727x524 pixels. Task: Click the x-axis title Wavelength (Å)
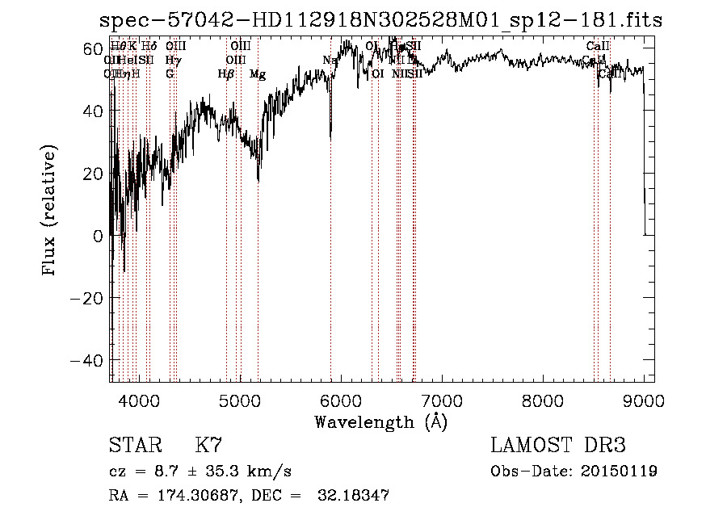[x=380, y=421]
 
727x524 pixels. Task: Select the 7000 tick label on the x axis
[x=442, y=400]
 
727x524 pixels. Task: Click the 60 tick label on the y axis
[x=93, y=48]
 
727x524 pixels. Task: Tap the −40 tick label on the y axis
[x=88, y=360]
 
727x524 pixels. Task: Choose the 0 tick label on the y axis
[x=99, y=236]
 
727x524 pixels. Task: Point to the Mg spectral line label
[x=258, y=74]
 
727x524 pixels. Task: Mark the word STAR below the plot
[x=133, y=446]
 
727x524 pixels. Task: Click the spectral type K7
[x=208, y=446]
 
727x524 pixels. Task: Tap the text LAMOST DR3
[x=557, y=446]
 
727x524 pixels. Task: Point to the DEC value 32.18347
[x=355, y=496]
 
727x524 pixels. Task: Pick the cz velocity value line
[x=200, y=471]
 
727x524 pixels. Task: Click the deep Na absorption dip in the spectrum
[x=330, y=129]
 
